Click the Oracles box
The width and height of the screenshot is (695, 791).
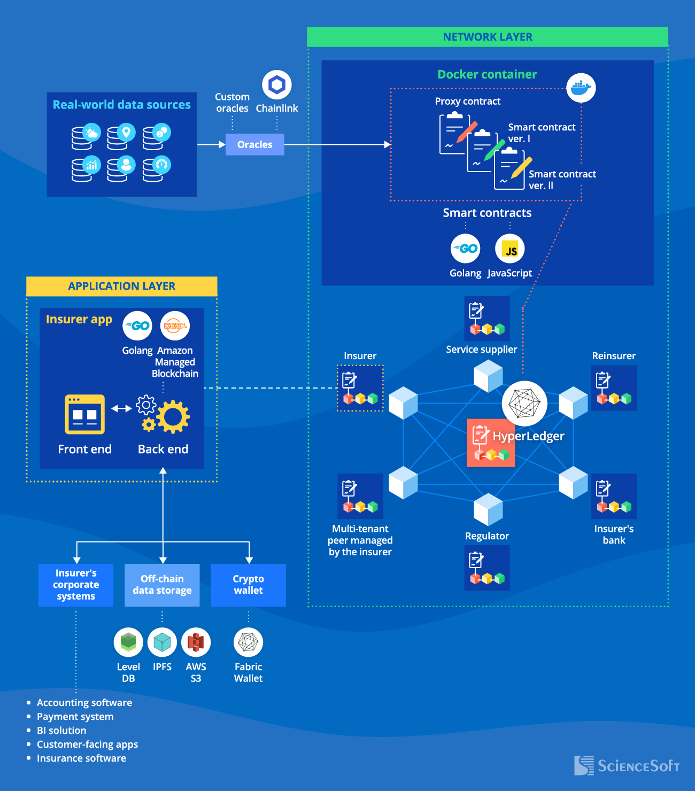(254, 144)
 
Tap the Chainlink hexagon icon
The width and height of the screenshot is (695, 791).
(276, 84)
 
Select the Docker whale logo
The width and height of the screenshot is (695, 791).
(581, 88)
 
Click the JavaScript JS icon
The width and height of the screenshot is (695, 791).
(510, 249)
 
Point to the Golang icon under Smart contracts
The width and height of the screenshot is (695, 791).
(465, 249)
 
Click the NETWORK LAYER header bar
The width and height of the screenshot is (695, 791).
(488, 37)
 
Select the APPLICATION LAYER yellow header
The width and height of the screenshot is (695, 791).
(122, 286)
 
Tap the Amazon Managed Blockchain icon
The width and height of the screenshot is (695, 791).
(175, 325)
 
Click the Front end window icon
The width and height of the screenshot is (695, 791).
(84, 414)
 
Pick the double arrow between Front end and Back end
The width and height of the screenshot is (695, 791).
(121, 408)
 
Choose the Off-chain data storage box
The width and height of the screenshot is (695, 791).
(162, 585)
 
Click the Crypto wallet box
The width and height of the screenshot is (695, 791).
(248, 585)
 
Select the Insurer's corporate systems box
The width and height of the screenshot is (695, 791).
(76, 585)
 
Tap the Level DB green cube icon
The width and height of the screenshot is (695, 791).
(128, 642)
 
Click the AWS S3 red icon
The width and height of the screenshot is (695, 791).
(196, 642)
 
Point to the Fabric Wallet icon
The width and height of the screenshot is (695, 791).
(248, 642)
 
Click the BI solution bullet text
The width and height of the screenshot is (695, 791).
(61, 731)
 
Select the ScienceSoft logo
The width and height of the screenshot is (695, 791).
(627, 766)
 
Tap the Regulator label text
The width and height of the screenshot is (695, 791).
(486, 536)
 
